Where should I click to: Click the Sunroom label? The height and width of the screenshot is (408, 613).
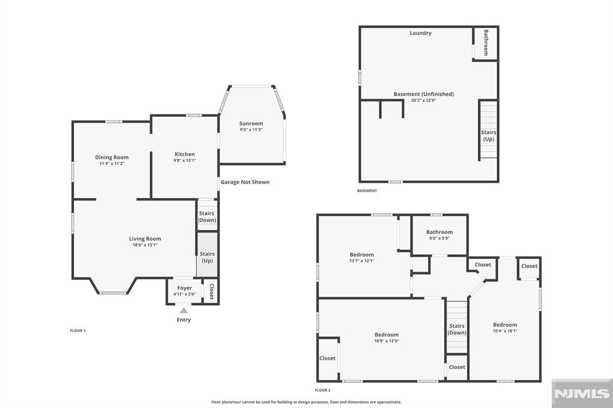click(251, 123)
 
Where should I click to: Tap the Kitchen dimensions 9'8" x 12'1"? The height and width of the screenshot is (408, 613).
click(184, 160)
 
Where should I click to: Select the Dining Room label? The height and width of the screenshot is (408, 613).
click(112, 157)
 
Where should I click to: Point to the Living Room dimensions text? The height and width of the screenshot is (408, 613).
click(145, 245)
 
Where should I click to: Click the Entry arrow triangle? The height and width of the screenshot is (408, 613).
click(184, 310)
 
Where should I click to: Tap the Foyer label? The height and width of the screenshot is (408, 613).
click(184, 288)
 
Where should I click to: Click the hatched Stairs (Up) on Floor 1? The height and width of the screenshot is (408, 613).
click(207, 254)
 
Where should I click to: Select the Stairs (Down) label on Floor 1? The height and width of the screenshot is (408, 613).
click(207, 217)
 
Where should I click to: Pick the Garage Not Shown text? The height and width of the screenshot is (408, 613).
click(245, 182)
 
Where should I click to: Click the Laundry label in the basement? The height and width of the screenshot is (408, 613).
click(421, 33)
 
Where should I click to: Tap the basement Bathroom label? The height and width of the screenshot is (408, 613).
click(486, 42)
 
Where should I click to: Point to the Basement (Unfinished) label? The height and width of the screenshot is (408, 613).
click(424, 94)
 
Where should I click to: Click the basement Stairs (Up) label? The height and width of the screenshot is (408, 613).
click(488, 136)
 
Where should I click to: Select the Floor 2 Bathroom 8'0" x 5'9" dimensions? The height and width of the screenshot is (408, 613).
click(439, 238)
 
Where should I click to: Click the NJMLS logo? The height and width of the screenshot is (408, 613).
click(582, 394)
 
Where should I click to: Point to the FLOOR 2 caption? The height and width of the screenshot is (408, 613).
click(323, 390)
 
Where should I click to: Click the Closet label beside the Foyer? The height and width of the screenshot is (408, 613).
click(211, 291)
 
